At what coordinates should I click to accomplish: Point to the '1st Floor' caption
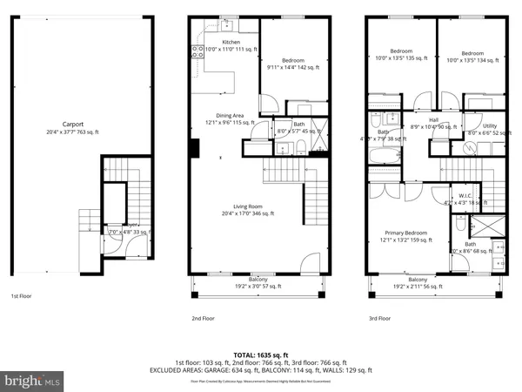23,296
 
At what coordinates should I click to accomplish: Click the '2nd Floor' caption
203,319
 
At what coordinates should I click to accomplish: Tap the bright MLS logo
33,380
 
